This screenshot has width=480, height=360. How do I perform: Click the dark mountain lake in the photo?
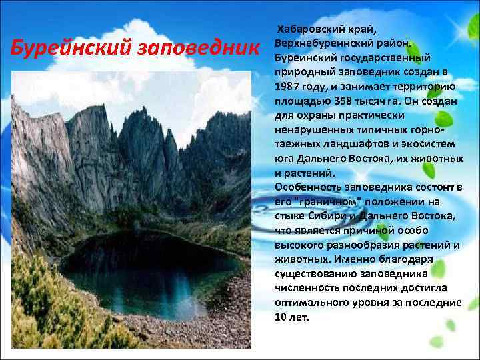(x=133, y=267)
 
